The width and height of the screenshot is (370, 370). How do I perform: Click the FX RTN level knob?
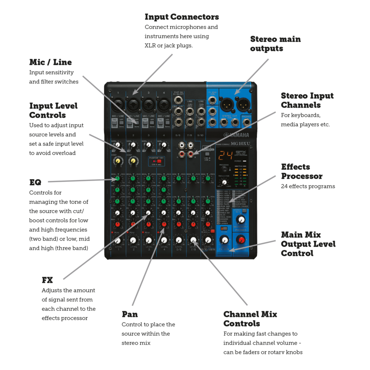pos(224,240)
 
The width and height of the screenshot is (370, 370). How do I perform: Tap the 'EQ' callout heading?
pos(33,182)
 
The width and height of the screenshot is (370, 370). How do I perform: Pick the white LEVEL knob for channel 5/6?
pos(178,240)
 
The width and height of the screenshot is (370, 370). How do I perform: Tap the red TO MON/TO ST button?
pos(224,229)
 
